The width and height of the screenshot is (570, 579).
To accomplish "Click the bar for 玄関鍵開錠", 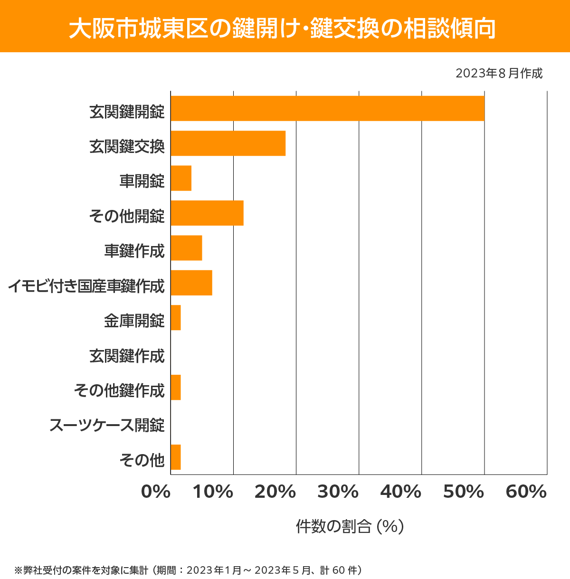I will [x=327, y=108].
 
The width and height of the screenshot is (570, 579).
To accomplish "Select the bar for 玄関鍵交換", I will [x=228, y=143].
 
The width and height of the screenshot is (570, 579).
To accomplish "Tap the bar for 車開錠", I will [x=181, y=178].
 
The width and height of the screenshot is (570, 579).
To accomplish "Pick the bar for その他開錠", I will [x=207, y=213].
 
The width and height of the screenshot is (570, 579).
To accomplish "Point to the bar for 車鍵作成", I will [x=186, y=248].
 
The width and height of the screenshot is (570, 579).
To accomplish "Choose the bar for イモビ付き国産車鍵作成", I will [x=191, y=283].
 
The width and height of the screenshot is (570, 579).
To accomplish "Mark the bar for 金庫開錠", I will [x=176, y=318].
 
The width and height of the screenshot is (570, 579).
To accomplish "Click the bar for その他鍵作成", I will [x=176, y=387].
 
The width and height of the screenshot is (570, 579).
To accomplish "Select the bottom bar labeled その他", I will [x=176, y=457].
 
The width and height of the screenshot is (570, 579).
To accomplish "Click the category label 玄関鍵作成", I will [x=127, y=356].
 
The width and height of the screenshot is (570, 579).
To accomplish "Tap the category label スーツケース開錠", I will [x=107, y=425].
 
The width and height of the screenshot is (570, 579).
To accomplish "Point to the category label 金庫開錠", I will [x=134, y=321].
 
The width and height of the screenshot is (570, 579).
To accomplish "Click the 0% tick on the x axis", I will [x=156, y=492].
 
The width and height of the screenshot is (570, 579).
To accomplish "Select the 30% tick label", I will [x=338, y=492].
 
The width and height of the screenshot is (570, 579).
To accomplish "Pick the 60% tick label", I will [x=526, y=492].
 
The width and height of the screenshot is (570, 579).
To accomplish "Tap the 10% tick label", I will [x=212, y=492].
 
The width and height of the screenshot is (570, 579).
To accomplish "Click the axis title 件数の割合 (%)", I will [x=350, y=526].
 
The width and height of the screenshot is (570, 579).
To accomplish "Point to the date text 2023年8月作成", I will [x=499, y=74].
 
